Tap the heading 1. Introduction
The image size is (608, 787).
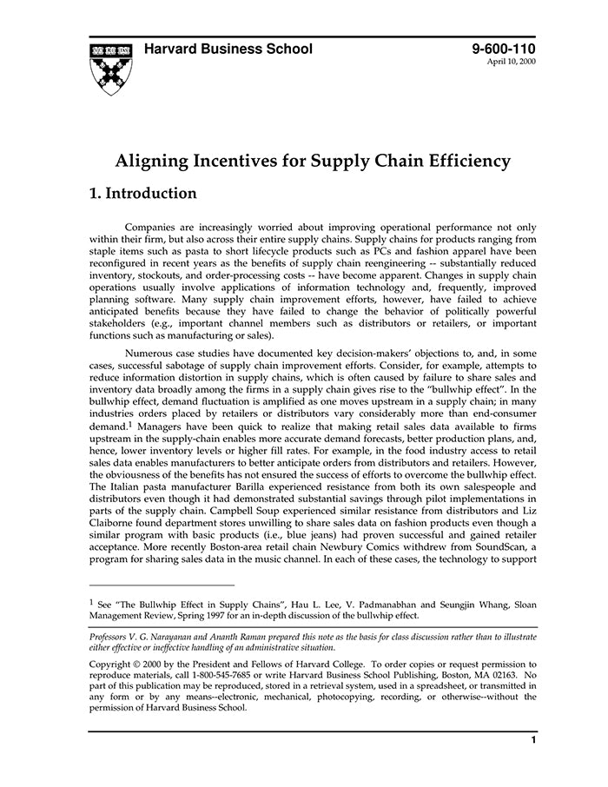(143, 193)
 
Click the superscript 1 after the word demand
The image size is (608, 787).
(129, 425)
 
